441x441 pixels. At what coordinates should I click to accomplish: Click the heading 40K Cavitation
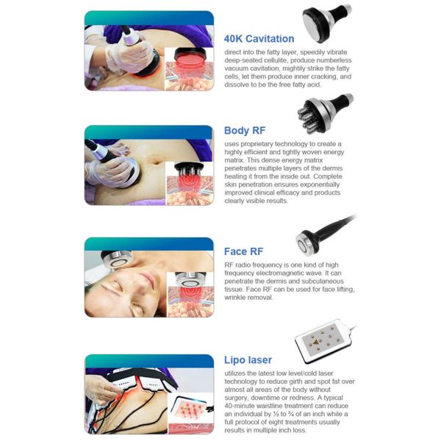[x=259, y=39]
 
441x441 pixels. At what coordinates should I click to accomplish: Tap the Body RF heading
[x=245, y=131]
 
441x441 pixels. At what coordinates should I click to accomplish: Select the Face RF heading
[x=243, y=251]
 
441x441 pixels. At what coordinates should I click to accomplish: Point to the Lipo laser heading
[x=248, y=360]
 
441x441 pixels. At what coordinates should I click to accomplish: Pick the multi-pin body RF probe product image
[x=325, y=113]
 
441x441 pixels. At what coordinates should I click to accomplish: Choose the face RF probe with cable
[x=323, y=236]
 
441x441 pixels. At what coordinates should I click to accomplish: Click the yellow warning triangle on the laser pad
[x=315, y=342]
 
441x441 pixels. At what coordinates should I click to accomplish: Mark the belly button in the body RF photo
[x=154, y=162]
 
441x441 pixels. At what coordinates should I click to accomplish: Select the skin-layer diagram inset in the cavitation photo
[x=189, y=69]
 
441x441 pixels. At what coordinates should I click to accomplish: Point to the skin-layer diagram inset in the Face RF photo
[x=190, y=295]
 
